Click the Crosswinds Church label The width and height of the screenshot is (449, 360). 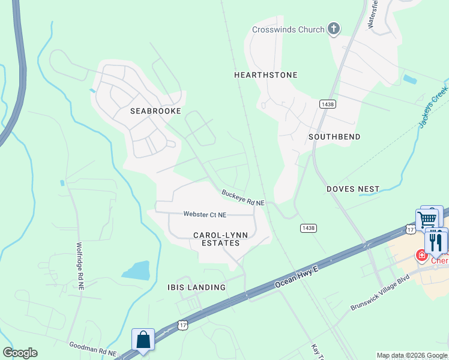click(x=289, y=29)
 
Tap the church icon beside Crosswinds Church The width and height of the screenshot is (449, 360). click(x=334, y=29)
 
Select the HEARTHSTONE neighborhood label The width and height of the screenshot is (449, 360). click(x=265, y=75)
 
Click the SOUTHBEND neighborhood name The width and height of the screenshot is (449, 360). click(x=334, y=137)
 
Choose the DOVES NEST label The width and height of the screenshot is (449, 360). click(x=353, y=189)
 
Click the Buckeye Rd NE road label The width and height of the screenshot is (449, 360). click(x=243, y=199)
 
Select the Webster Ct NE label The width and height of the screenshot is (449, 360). click(x=205, y=214)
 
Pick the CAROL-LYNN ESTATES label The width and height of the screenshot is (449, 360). click(x=216, y=239)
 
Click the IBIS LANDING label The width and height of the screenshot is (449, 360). click(x=196, y=287)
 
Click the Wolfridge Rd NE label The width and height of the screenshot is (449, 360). click(x=79, y=266)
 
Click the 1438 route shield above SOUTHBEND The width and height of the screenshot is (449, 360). click(x=327, y=104)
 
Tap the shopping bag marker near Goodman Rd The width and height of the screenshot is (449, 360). click(x=143, y=340)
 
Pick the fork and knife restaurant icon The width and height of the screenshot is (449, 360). click(x=435, y=241)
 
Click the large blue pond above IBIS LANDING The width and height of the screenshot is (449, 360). click(x=137, y=270)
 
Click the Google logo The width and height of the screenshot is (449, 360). click(x=20, y=353)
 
